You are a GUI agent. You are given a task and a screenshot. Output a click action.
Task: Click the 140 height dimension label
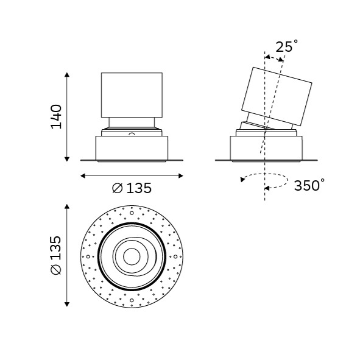tap(56, 116)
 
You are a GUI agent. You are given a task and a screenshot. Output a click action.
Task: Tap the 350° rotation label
tap(309, 185)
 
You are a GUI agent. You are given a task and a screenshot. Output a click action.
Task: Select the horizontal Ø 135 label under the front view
tap(132, 188)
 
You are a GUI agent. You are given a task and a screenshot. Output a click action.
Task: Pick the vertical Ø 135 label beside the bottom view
tap(56, 255)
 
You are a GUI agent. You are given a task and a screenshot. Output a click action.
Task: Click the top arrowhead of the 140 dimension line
tap(67, 74)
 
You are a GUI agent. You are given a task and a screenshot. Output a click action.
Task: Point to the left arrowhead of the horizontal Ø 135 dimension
tap(83, 176)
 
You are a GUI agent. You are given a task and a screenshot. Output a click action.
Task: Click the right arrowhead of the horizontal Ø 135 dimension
tap(181, 176)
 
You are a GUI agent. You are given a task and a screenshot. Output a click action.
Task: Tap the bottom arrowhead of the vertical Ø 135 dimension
tap(67, 305)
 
